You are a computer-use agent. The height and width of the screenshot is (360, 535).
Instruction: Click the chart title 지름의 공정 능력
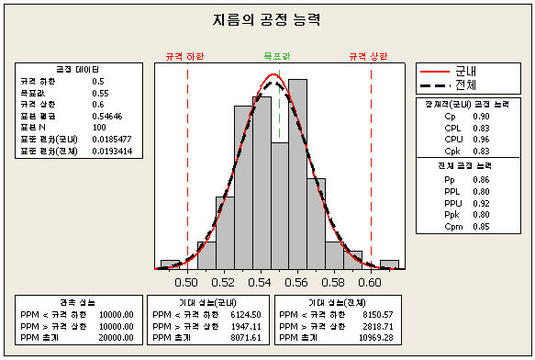tap(266, 18)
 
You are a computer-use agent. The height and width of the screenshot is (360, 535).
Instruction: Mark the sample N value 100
tap(100, 127)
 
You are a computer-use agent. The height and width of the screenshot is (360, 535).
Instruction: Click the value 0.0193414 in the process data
tap(112, 149)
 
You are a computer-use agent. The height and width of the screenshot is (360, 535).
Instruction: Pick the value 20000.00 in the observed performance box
tap(116, 337)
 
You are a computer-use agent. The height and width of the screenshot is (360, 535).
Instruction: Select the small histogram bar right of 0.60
tap(389, 264)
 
